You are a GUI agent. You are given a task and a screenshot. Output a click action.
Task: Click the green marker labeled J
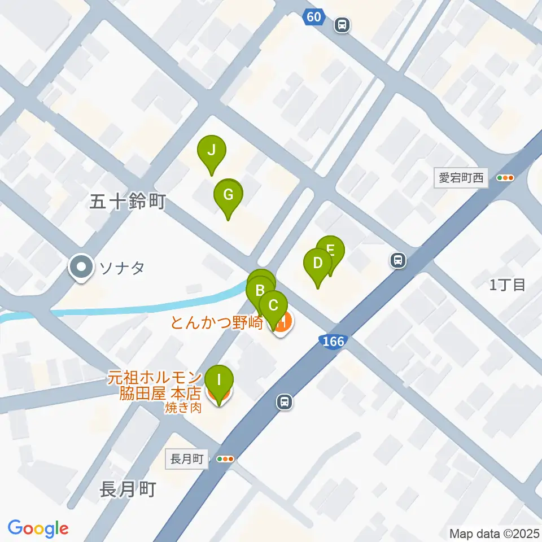(x=211, y=151)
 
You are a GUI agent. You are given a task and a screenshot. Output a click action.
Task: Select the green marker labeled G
(x=228, y=196)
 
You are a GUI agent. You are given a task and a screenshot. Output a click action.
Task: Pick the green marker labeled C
(x=273, y=307)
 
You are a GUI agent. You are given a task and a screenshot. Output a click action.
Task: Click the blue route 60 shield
(x=314, y=18)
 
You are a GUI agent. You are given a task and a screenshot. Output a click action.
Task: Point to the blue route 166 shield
(x=331, y=341)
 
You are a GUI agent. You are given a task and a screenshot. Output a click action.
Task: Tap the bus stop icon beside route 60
(x=342, y=24)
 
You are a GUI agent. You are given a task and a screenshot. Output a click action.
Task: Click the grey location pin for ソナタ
(x=82, y=266)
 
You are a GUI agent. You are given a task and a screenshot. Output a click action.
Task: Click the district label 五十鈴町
(x=127, y=202)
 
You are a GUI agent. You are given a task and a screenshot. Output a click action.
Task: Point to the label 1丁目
(x=508, y=285)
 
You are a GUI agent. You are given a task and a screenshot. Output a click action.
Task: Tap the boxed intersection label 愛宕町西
(x=462, y=178)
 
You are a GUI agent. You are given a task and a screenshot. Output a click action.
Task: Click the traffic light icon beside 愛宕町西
(x=505, y=178)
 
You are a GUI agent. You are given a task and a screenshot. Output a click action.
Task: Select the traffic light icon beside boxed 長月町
(x=225, y=459)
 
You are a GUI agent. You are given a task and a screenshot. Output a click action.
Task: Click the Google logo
(x=38, y=528)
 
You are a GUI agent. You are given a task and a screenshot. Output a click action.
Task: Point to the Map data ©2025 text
(x=494, y=533)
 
